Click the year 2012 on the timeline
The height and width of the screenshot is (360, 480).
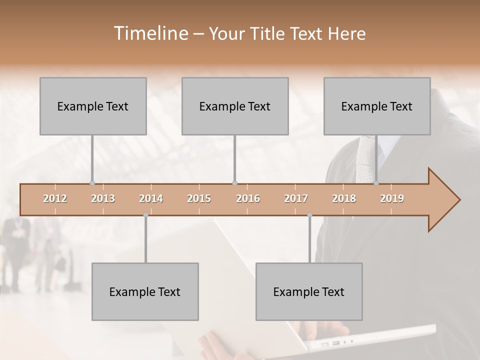tap(55, 198)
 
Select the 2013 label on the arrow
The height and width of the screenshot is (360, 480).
tap(103, 198)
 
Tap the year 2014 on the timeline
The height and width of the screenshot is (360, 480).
tap(151, 198)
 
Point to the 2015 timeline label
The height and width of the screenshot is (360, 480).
tap(199, 198)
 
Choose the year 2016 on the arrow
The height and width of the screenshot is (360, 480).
tap(248, 198)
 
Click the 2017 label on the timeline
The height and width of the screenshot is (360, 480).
tap(296, 198)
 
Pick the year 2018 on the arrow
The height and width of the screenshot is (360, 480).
tap(344, 198)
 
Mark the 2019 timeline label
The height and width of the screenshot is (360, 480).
tap(392, 198)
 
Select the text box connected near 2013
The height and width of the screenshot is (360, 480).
tap(93, 106)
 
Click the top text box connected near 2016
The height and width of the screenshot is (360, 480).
tap(235, 106)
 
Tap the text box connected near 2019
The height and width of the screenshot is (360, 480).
tap(377, 106)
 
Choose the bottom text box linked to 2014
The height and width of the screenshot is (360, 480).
tap(145, 291)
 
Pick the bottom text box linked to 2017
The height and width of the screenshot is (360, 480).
tap(309, 291)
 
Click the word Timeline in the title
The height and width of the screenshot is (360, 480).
tap(150, 33)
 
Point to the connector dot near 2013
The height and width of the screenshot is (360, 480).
tap(92, 183)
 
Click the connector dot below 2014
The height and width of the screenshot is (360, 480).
tap(145, 215)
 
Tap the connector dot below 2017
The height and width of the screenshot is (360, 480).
tap(309, 215)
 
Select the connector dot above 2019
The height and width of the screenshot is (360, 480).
tap(376, 183)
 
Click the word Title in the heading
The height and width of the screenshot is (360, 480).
tap(268, 33)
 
